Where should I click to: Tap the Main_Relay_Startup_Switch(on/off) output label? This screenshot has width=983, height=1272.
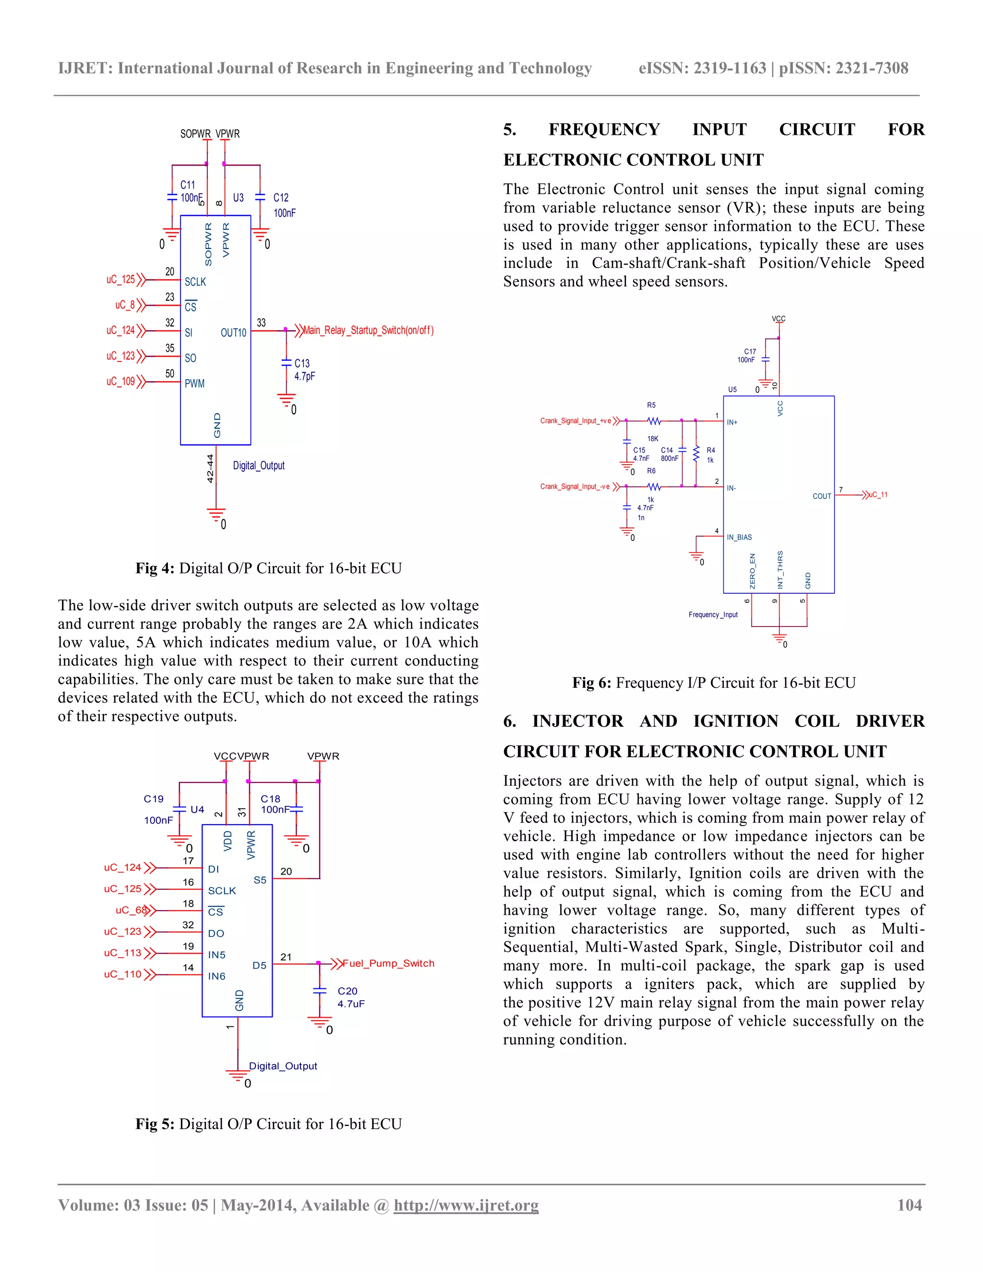(x=368, y=330)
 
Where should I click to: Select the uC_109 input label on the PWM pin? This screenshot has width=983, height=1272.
(x=120, y=382)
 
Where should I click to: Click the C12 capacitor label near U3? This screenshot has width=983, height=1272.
(x=281, y=198)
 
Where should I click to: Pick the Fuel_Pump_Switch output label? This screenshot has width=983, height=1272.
(x=388, y=963)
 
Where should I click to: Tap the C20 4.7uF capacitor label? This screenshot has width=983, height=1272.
(x=348, y=991)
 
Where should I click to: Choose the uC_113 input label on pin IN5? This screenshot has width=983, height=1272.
(x=122, y=953)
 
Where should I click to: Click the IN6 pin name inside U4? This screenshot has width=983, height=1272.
(x=216, y=976)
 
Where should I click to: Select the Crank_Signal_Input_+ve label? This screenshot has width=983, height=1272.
(x=575, y=420)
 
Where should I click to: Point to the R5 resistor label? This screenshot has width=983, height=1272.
(x=651, y=405)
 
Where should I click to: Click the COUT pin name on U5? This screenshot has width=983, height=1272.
(x=822, y=496)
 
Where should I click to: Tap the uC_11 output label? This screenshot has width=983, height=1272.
(x=878, y=495)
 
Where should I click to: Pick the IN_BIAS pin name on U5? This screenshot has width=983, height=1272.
(x=739, y=537)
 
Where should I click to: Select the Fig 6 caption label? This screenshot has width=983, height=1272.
(x=714, y=683)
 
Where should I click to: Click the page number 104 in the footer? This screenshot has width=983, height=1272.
(x=909, y=1205)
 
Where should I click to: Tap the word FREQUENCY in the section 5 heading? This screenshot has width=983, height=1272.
(x=604, y=129)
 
